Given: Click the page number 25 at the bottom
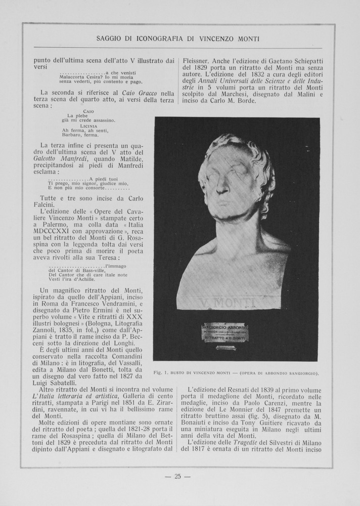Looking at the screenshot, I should point(177,476).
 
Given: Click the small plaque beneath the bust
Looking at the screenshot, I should point(226,332).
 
